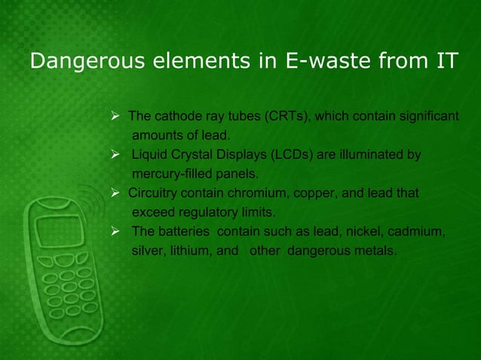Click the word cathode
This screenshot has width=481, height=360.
click(175, 117)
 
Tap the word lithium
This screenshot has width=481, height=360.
click(188, 251)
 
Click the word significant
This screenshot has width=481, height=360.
click(426, 117)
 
